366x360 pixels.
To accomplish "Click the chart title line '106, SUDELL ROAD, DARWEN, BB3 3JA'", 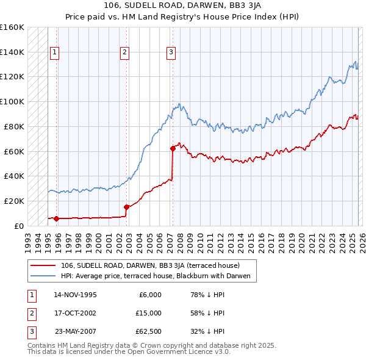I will point(183,7).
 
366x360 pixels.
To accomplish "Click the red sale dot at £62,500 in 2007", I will point(173,148).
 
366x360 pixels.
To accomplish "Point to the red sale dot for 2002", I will point(126,207).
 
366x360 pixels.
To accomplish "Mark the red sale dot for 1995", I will point(57,218).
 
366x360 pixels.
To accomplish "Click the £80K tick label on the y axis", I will point(13,126).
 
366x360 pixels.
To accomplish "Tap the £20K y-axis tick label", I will point(13,201).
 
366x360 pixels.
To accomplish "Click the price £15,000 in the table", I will point(148,313).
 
